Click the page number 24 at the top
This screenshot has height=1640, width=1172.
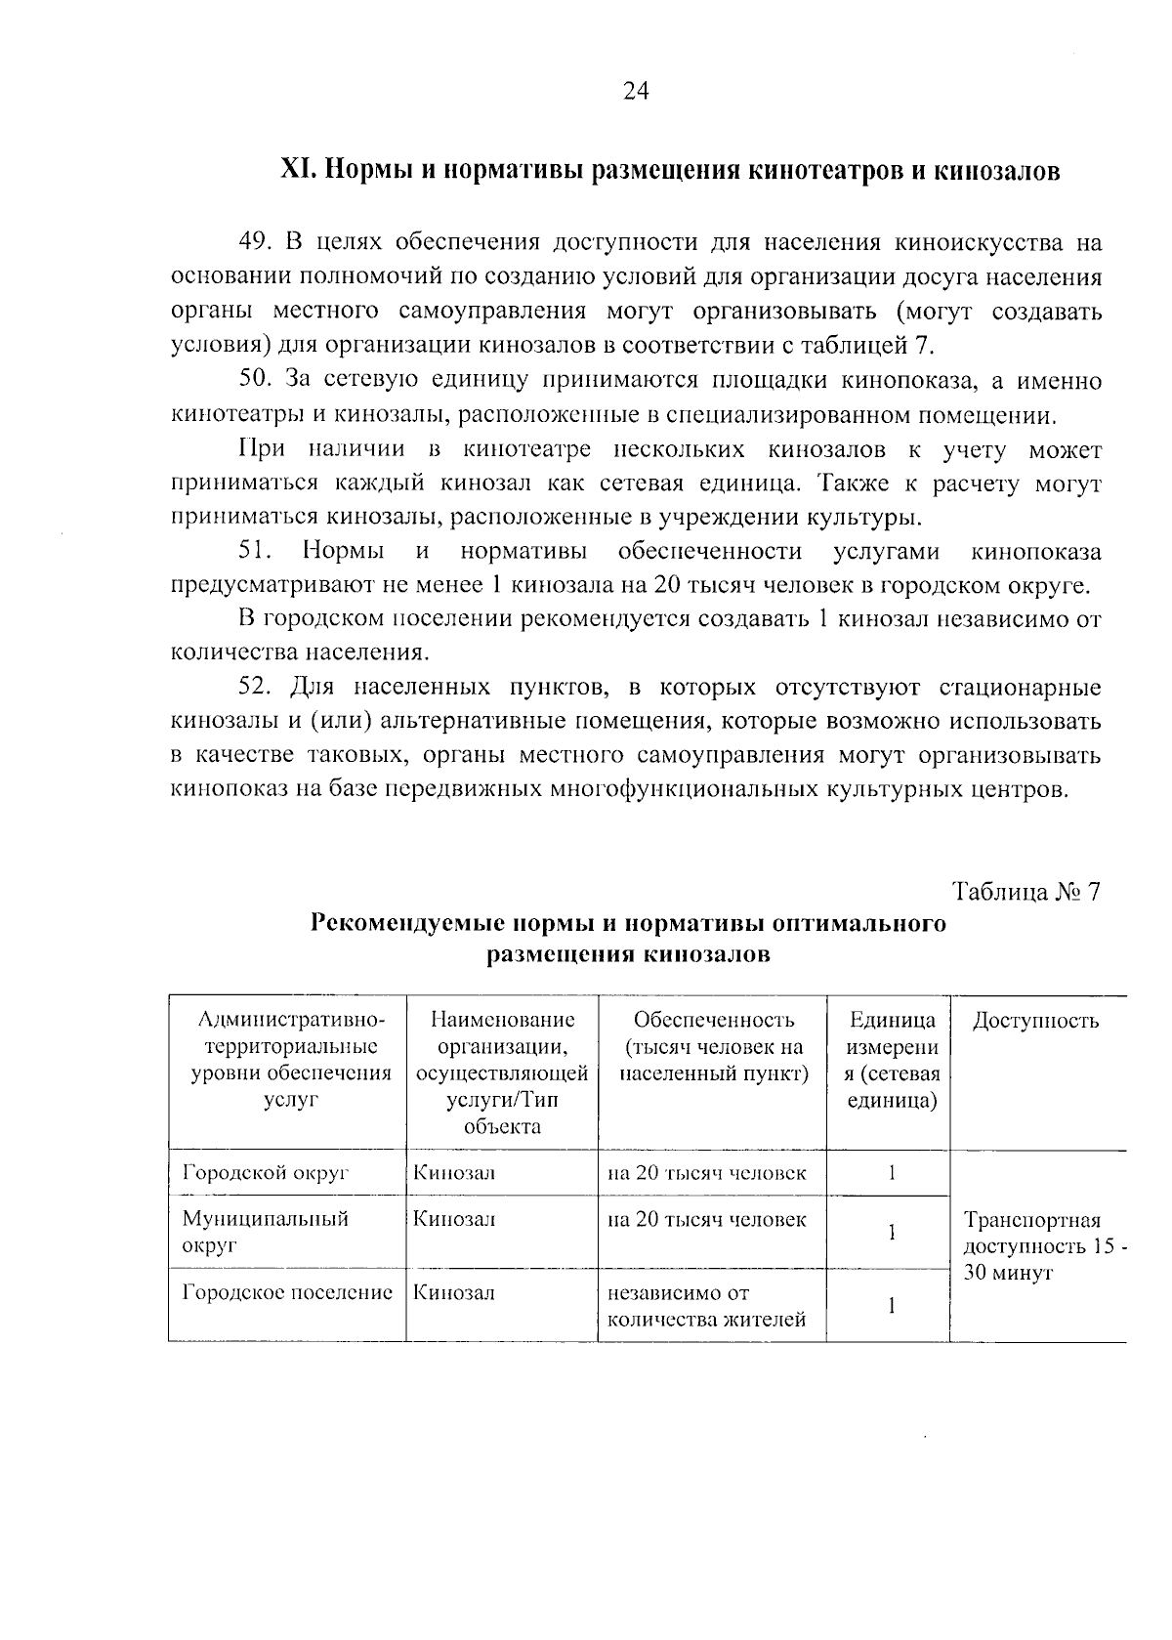pos(635,91)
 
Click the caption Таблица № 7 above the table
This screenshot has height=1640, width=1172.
pos(1026,892)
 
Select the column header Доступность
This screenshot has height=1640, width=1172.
pos(1035,1021)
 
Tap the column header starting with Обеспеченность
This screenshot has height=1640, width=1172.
pos(713,1047)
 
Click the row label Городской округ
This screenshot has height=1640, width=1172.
pos(266,1173)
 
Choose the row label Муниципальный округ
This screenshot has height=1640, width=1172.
pos(265,1233)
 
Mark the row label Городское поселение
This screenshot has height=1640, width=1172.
pos(287,1292)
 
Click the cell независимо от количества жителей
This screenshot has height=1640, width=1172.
pos(706,1307)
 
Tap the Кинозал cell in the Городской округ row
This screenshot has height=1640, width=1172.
pos(453,1173)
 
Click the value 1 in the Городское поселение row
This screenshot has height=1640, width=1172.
pos(891,1306)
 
